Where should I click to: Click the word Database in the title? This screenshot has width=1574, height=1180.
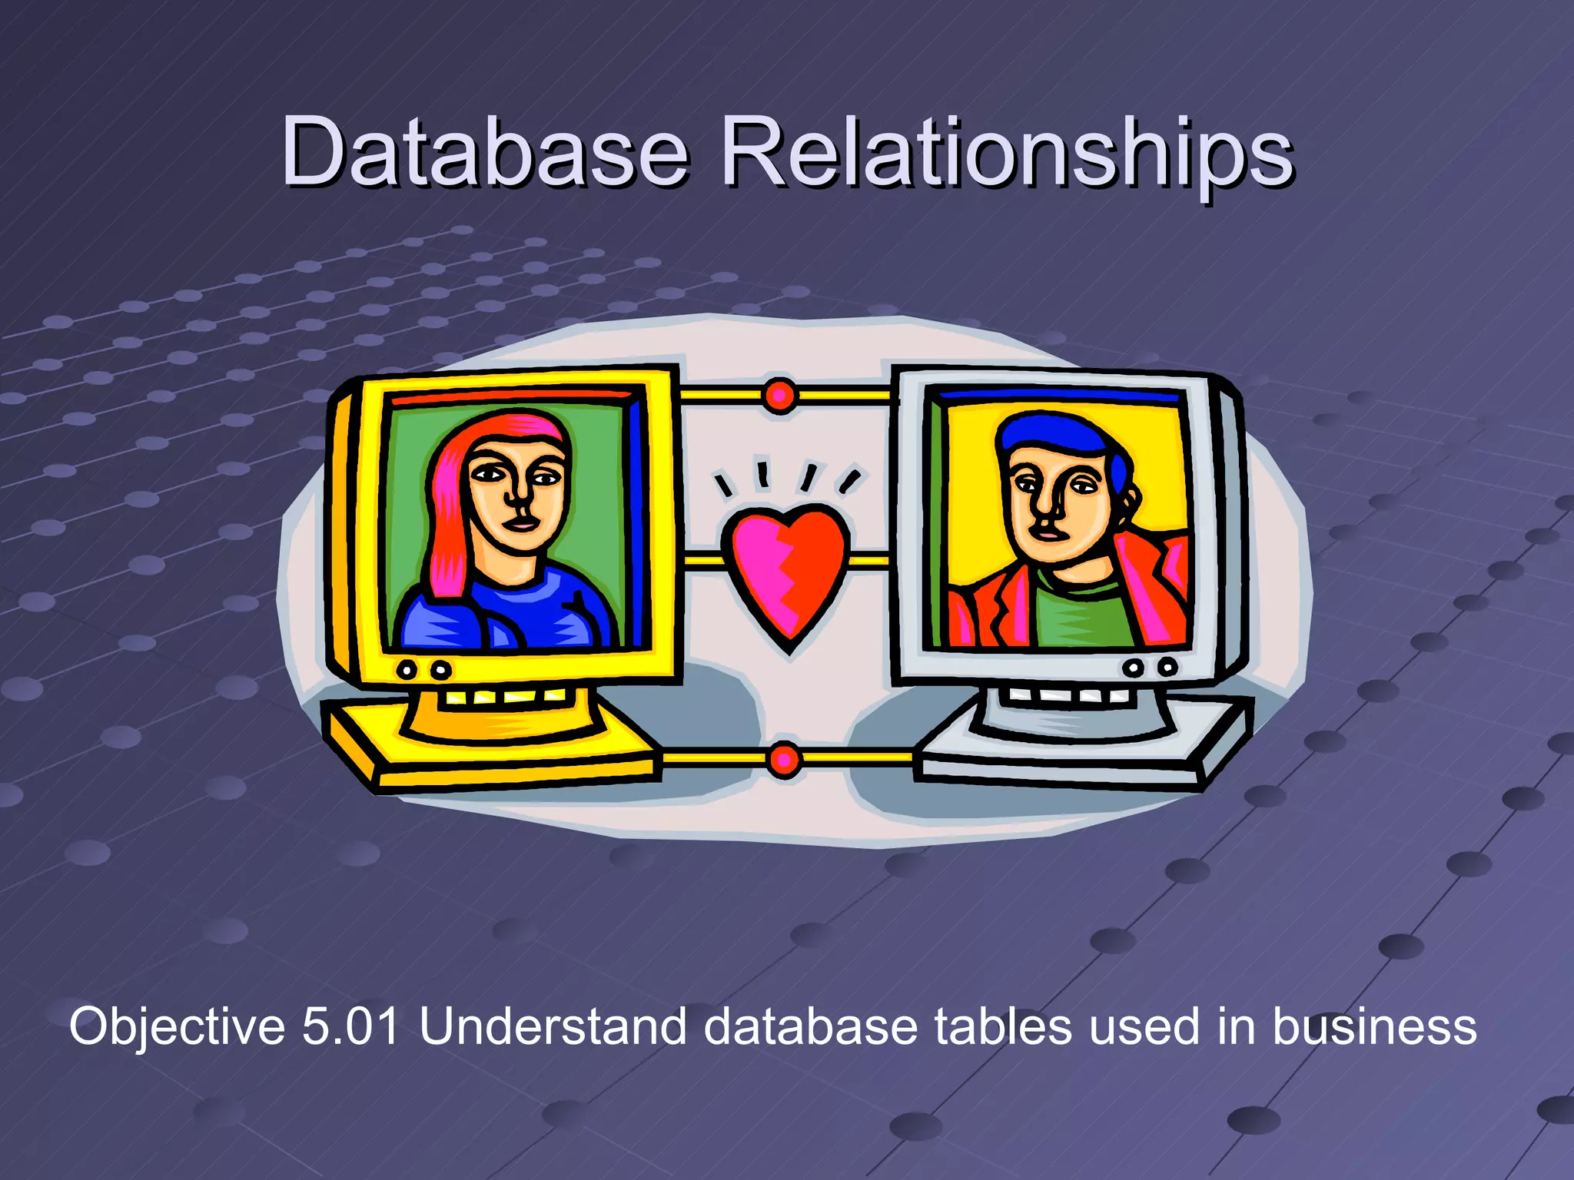(x=484, y=151)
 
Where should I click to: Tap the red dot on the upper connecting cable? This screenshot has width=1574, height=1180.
(x=780, y=396)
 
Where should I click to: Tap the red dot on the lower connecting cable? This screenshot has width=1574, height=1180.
(x=784, y=761)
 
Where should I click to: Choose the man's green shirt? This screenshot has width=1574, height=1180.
(x=1084, y=615)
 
